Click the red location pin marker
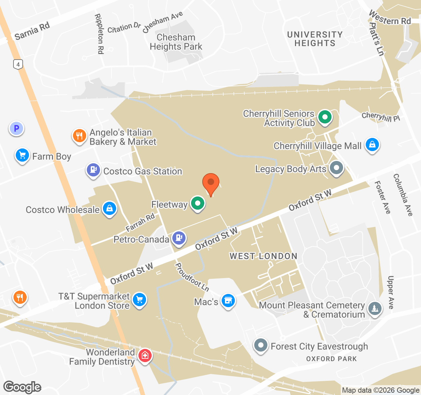211,182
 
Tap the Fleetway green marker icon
198,203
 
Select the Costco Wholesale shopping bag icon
110,208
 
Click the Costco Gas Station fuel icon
93,170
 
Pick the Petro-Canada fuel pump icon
179,238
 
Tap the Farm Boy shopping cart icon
22,155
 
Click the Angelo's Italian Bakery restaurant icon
79,136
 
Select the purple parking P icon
16,128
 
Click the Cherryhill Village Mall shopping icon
372,145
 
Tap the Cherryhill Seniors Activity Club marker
325,117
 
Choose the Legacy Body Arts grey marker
336,168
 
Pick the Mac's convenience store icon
228,301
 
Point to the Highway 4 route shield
18,64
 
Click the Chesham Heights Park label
176,42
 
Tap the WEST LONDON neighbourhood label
263,256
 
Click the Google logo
22,387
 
